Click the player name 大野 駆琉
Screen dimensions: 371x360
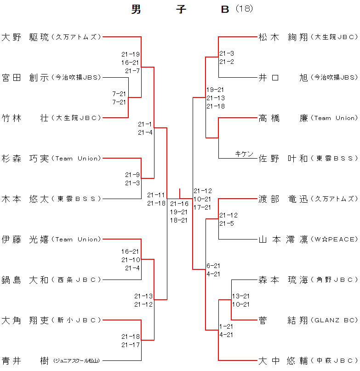tap(25, 37)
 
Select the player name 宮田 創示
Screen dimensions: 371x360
tap(25, 77)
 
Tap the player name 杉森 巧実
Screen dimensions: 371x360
tap(25, 159)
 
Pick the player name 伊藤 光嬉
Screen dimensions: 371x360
tap(25, 240)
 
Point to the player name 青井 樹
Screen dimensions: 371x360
tap(25, 361)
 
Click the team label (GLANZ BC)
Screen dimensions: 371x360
tap(334, 320)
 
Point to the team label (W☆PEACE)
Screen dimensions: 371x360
tap(334, 240)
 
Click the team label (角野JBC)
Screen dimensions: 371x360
tap(334, 280)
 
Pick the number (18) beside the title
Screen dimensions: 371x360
tap(245, 9)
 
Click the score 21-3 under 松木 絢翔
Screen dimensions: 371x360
tap(227, 53)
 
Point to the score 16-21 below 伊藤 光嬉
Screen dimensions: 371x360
tap(130, 251)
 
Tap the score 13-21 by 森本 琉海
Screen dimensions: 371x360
tap(241, 296)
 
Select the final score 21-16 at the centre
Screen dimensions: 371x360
tap(179, 204)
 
